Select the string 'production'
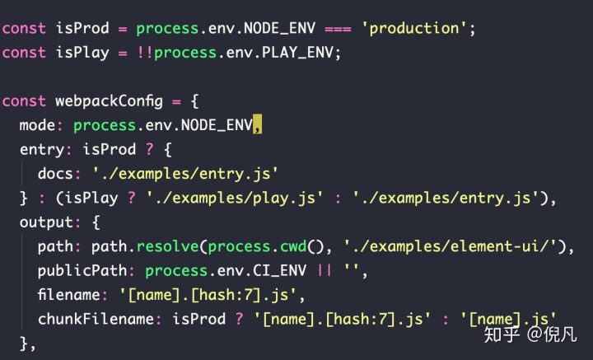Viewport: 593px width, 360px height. point(414,28)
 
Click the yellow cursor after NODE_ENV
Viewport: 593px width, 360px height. point(258,125)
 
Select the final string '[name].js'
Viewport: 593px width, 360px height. point(511,318)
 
